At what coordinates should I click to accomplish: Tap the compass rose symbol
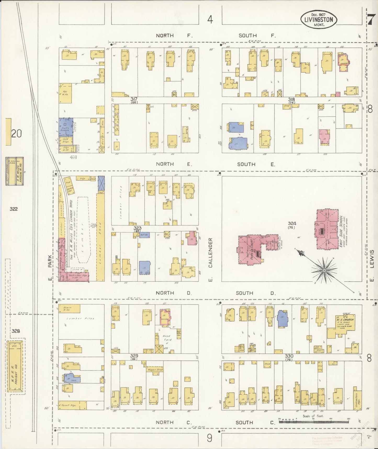[324, 270]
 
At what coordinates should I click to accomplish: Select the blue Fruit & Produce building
[66, 127]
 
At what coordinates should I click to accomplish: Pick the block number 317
[134, 99]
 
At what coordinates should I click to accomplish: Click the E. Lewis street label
[372, 266]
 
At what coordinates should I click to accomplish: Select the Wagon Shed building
[155, 370]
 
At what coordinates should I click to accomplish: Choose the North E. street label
[174, 164]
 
